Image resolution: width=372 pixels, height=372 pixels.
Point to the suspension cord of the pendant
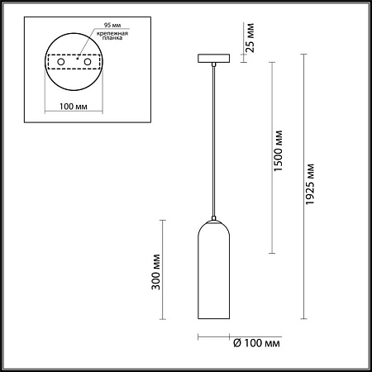[212, 141]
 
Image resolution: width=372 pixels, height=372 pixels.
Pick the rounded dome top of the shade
[212, 227]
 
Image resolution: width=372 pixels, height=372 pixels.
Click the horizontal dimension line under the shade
[213, 336]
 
